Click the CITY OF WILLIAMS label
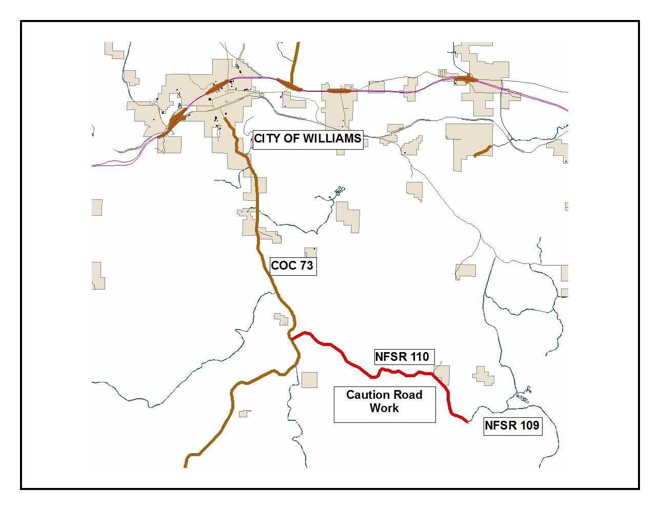[308, 139]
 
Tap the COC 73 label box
[292, 266]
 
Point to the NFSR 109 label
[512, 425]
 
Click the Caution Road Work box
[384, 404]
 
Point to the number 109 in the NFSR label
[528, 425]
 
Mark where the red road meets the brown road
[291, 339]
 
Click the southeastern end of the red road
[467, 422]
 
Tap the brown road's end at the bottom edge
[186, 466]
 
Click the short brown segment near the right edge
[482, 151]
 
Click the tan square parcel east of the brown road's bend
[309, 380]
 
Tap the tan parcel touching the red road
[442, 375]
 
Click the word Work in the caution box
[384, 409]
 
